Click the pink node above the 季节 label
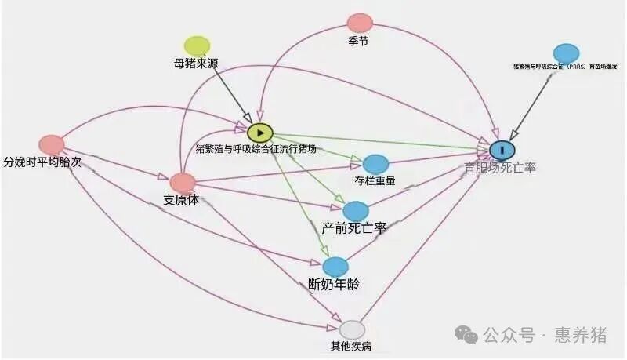pyautogui.click(x=360, y=23)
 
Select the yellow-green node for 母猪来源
pyautogui.click(x=197, y=45)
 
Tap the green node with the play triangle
pyautogui.click(x=260, y=133)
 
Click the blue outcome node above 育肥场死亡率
pyautogui.click(x=502, y=148)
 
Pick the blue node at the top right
pyautogui.click(x=566, y=53)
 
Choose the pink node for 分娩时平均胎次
pyautogui.click(x=52, y=144)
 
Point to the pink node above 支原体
pyautogui.click(x=183, y=183)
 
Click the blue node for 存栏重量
pyautogui.click(x=375, y=164)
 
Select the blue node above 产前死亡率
pyautogui.click(x=356, y=210)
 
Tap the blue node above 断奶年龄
pyautogui.click(x=335, y=267)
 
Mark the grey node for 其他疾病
pyautogui.click(x=353, y=329)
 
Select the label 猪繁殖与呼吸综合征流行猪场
pyautogui.click(x=256, y=149)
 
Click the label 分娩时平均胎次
pyautogui.click(x=42, y=162)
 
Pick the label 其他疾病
pyautogui.click(x=352, y=347)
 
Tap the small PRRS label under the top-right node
pyautogui.click(x=565, y=67)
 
